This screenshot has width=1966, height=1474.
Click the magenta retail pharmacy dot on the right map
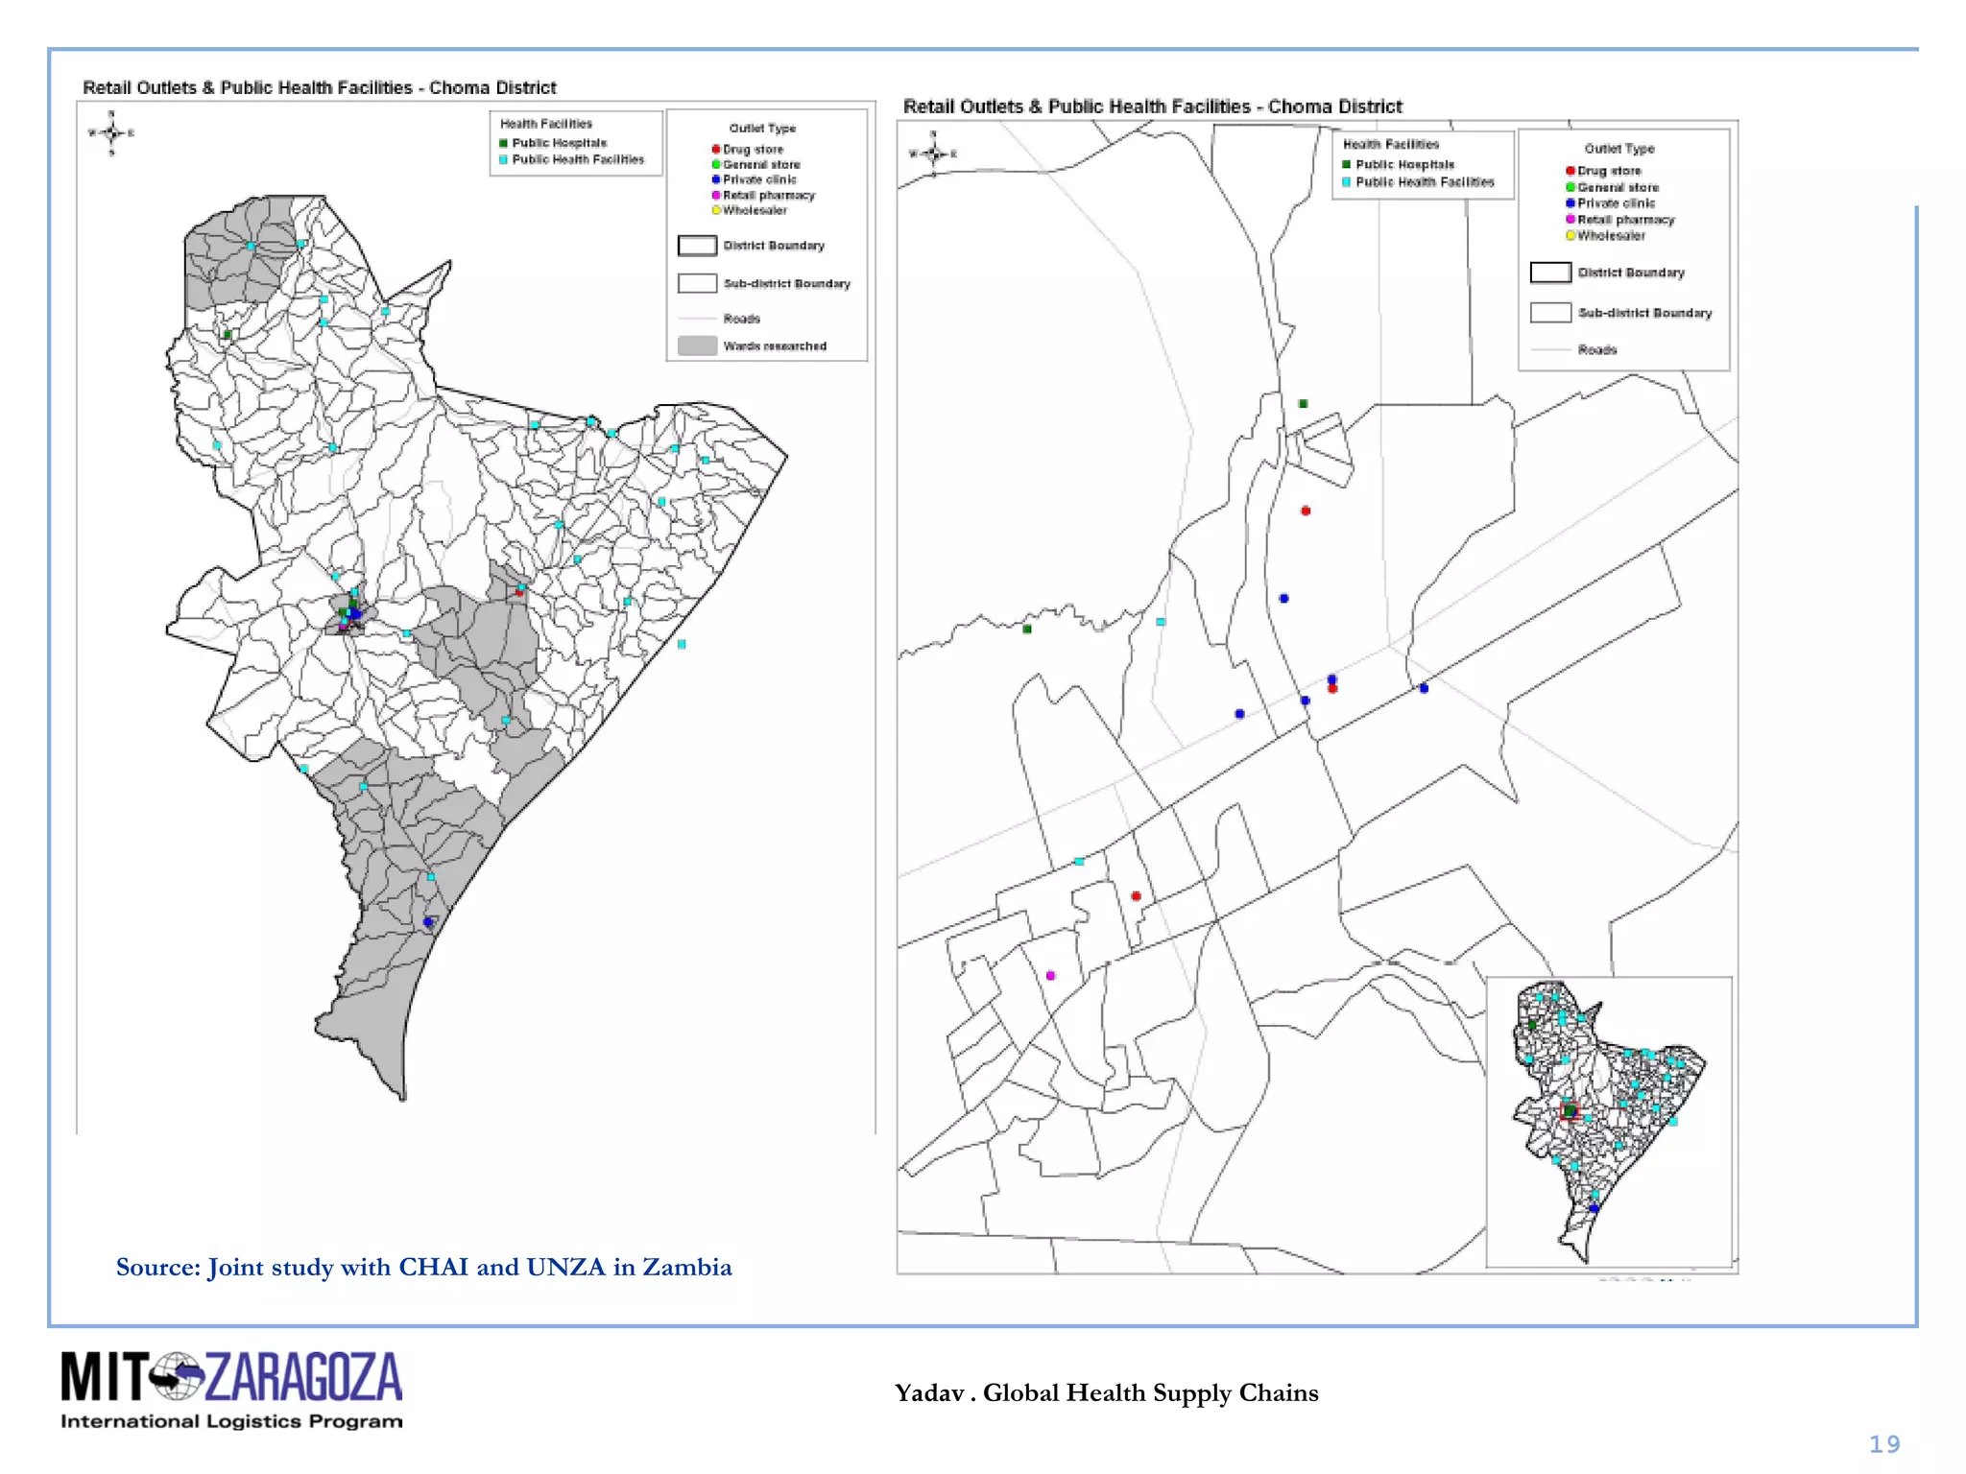1050,975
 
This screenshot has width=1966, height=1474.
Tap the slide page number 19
1883,1444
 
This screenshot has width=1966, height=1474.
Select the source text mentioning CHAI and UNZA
423,1268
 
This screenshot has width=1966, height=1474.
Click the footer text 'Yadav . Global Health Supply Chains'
1106,1392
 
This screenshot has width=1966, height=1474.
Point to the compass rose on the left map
111,132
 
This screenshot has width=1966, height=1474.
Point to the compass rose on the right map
933,153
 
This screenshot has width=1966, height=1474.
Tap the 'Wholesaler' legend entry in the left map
754,210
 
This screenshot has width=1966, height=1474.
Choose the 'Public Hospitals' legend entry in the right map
1403,165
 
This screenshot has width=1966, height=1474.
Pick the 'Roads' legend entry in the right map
1596,350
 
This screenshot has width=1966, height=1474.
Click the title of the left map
320,88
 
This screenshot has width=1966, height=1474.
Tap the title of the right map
1152,107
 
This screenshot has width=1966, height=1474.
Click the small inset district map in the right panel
1608,1121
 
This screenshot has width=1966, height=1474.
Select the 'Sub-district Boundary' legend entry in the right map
1643,313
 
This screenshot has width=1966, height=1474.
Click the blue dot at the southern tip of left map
428,922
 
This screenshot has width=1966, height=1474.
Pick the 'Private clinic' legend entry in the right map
1616,203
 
